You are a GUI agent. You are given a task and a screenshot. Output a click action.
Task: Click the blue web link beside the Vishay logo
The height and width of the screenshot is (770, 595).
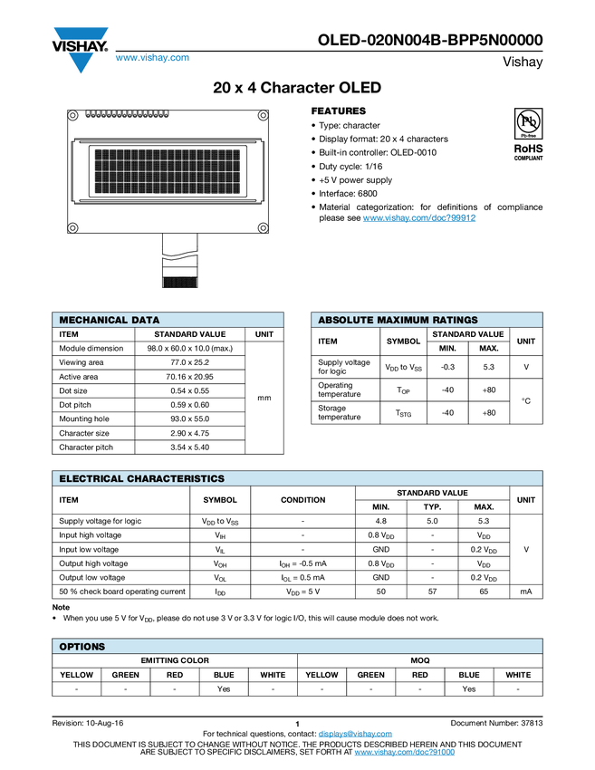[152, 59]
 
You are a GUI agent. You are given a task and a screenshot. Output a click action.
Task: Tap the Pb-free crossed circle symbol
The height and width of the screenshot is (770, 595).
[529, 120]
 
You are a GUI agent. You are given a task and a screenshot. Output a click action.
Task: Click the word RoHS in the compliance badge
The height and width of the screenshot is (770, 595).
[529, 148]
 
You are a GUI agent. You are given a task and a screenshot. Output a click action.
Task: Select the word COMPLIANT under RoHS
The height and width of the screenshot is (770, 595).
[529, 159]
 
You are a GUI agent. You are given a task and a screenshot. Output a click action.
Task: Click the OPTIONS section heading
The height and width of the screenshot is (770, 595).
[82, 647]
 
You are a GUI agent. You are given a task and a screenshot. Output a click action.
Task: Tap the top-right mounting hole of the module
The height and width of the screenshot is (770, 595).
[263, 115]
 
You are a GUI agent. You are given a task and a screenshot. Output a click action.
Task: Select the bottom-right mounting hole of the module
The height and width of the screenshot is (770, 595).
[263, 226]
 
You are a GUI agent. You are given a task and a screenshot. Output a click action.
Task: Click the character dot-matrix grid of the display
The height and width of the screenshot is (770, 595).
[168, 171]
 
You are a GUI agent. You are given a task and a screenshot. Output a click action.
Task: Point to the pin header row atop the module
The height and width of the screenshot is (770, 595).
[128, 113]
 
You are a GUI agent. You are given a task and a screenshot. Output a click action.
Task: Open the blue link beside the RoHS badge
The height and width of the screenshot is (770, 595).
[419, 218]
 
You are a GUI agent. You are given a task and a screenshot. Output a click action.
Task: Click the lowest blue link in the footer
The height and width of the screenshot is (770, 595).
[404, 753]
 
